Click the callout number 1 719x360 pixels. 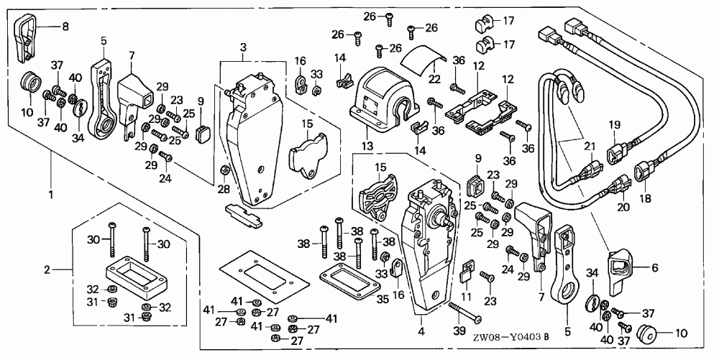(50, 194)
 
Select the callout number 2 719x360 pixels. (47, 270)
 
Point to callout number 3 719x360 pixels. (243, 47)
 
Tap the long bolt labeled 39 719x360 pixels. (463, 312)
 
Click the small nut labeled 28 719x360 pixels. (224, 170)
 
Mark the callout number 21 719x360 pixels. (590, 147)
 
